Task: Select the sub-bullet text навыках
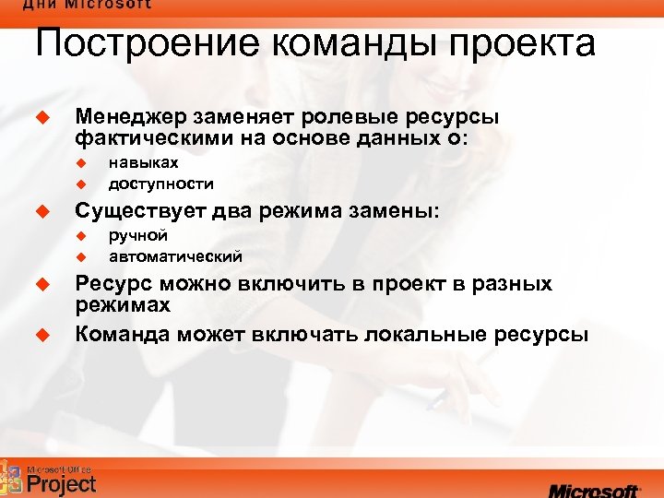click(x=143, y=162)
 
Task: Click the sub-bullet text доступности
click(x=160, y=183)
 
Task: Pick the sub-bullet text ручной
click(x=137, y=235)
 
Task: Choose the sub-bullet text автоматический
click(x=175, y=255)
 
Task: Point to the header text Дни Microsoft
click(x=88, y=5)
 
